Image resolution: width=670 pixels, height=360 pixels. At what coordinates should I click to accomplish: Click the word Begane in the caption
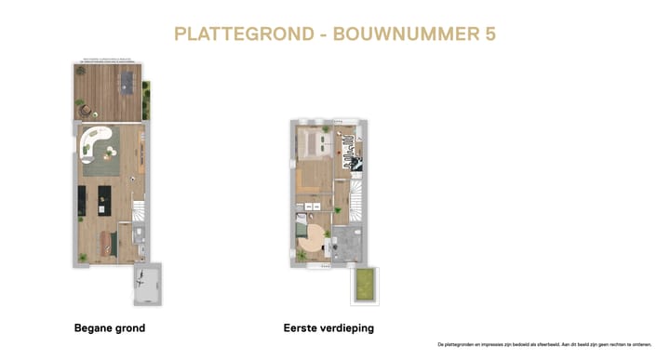[x=94, y=328]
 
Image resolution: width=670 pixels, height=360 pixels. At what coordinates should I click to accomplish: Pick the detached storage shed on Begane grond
[x=147, y=284]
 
